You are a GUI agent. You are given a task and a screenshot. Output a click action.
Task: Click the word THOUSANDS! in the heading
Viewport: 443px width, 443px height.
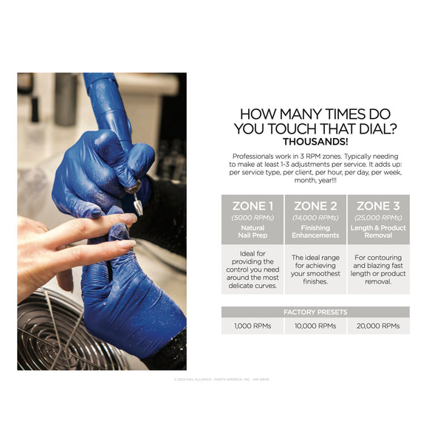pyautogui.click(x=315, y=141)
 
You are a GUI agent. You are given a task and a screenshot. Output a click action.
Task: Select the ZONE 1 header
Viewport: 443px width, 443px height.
pyautogui.click(x=253, y=205)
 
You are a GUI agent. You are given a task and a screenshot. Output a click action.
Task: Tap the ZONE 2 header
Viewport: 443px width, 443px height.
pyautogui.click(x=315, y=205)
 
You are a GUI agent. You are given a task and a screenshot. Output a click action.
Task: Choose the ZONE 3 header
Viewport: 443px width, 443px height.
pyautogui.click(x=378, y=205)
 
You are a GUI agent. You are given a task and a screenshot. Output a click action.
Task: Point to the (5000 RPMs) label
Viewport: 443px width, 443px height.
pyautogui.click(x=253, y=218)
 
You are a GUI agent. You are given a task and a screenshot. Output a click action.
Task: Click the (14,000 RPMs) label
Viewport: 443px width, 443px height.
pyautogui.click(x=315, y=218)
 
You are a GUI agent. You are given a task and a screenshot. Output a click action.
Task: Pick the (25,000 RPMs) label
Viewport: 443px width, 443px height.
pyautogui.click(x=378, y=218)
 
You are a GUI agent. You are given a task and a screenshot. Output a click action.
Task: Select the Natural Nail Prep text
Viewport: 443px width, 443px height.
pyautogui.click(x=253, y=232)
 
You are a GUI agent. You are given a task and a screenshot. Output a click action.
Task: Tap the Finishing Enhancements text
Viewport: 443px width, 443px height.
pyautogui.click(x=315, y=232)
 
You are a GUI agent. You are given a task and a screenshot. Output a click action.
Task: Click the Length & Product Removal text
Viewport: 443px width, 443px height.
pyautogui.click(x=378, y=232)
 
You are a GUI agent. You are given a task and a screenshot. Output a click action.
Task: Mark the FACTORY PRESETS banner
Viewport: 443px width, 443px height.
pyautogui.click(x=315, y=312)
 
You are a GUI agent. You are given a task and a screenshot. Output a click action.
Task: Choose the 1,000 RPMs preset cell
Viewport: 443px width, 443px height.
pyautogui.click(x=253, y=326)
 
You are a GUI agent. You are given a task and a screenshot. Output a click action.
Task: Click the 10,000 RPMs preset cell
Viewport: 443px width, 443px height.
pyautogui.click(x=315, y=326)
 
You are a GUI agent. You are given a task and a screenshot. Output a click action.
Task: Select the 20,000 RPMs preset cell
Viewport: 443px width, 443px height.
pyautogui.click(x=378, y=326)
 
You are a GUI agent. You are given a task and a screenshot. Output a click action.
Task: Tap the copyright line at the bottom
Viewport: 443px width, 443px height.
pyautogui.click(x=221, y=380)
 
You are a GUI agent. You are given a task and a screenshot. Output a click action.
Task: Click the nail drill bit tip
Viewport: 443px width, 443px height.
pyautogui.click(x=137, y=207)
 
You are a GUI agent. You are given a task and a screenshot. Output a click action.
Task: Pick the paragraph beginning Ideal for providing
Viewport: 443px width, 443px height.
pyautogui.click(x=253, y=269)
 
